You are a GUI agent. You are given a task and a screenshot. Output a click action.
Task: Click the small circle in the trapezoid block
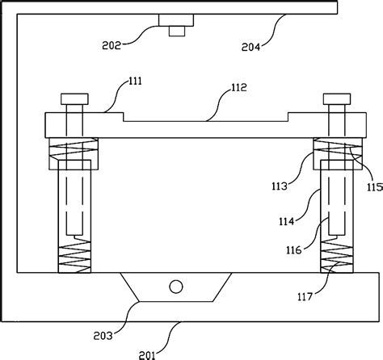[x=175, y=286]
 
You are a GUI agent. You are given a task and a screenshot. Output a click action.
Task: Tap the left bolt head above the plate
[x=73, y=100]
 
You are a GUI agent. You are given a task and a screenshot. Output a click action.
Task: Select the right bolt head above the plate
[x=336, y=100]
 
